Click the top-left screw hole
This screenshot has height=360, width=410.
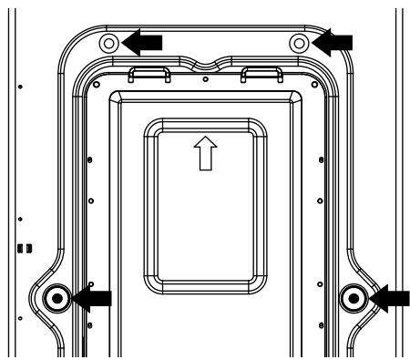click(108, 43)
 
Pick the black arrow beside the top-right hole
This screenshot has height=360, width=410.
click(333, 39)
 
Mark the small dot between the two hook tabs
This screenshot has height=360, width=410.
click(207, 79)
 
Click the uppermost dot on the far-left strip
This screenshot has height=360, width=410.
click(21, 87)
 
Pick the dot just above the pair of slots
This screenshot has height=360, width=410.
click(21, 219)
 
